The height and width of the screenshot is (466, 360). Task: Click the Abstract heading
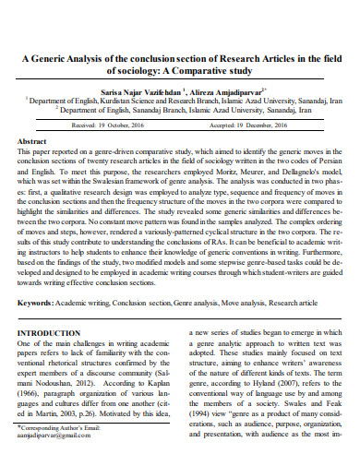pyautogui.click(x=33, y=141)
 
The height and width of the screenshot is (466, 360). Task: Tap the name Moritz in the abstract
pyautogui.click(x=217, y=173)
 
